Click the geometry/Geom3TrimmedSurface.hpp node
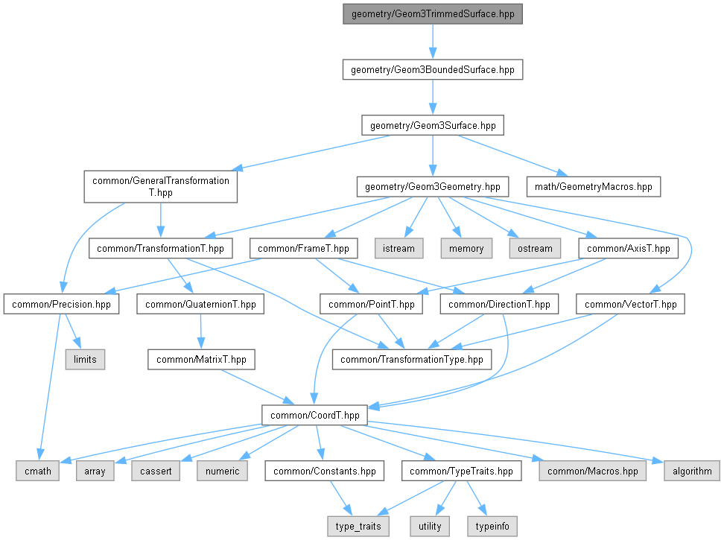click(x=432, y=14)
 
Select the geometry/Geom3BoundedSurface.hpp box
click(x=432, y=70)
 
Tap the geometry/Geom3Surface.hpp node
click(x=432, y=126)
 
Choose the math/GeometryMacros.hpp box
click(x=594, y=185)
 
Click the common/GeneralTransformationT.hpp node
click(x=160, y=186)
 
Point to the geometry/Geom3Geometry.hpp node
click(x=433, y=185)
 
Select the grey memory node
click(x=466, y=248)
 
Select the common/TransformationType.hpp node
click(x=411, y=360)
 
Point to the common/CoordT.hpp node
click(x=314, y=415)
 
